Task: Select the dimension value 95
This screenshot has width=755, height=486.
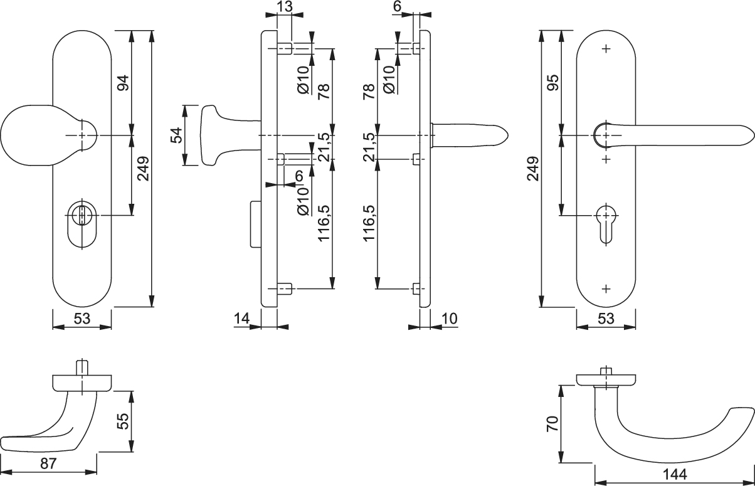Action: [x=552, y=83]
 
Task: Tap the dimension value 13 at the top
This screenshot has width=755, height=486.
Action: [x=283, y=8]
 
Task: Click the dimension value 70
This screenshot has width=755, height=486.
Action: [x=552, y=425]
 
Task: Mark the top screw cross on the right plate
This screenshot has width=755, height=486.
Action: [x=606, y=48]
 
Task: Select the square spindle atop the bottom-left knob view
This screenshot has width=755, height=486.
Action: [x=81, y=367]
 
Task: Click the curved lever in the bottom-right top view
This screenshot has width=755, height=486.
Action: [x=665, y=439]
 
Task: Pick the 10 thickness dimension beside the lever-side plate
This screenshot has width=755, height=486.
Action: [x=449, y=319]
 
